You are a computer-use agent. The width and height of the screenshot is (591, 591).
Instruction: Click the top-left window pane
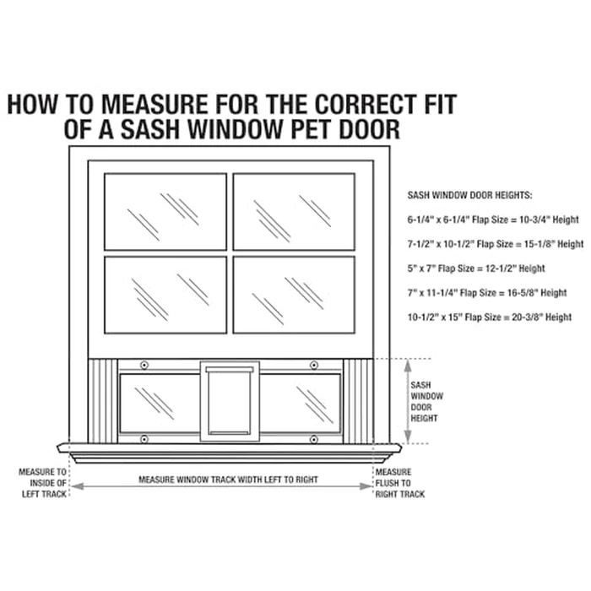[165, 211]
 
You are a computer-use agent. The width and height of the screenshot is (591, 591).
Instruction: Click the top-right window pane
[294, 211]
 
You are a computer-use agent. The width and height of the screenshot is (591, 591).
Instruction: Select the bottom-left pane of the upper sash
[165, 295]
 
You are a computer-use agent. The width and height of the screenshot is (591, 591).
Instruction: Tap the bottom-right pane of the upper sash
[294, 295]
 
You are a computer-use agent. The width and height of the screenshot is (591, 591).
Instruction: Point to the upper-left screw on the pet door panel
[144, 365]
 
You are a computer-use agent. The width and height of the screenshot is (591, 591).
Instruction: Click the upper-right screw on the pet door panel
[314, 365]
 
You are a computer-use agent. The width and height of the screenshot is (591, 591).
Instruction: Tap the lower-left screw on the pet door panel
[144, 439]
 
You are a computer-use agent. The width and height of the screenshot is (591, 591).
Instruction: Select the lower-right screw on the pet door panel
[314, 439]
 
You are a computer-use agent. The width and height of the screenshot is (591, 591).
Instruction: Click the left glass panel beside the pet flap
[160, 403]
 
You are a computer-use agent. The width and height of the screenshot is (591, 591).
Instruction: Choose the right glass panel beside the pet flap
[300, 403]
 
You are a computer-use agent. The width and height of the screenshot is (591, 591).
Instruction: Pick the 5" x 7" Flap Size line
[475, 268]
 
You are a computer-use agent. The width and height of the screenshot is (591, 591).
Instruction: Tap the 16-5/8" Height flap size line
[486, 292]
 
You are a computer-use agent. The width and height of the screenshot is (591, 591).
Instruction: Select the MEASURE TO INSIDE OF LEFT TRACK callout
[43, 483]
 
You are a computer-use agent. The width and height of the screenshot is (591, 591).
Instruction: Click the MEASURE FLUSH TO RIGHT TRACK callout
[400, 483]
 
